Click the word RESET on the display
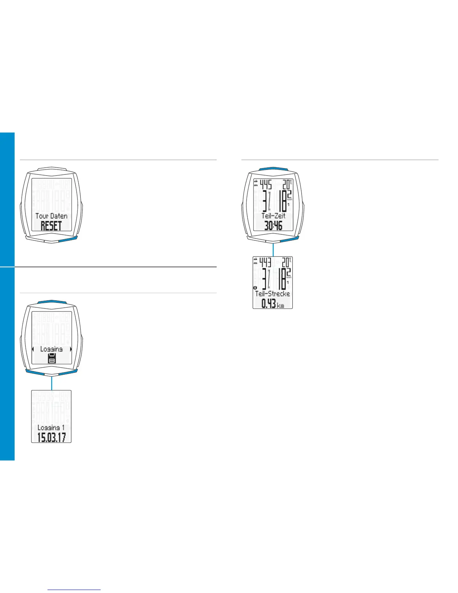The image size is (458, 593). pos(51,226)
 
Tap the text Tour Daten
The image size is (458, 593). pos(51,216)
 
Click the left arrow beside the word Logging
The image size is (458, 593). pos(33,349)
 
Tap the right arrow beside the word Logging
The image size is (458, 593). pos(70,349)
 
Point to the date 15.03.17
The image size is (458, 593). pos(51,437)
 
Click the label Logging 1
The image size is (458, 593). pos(51,428)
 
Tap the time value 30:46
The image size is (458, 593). pos(273,226)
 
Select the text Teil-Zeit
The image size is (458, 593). pos(273,216)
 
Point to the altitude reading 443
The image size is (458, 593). pos(265,262)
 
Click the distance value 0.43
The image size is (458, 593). pos(269,304)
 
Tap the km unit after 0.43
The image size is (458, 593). pos(280,305)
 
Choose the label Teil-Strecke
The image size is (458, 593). pos(272,294)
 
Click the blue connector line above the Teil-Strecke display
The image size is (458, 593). pos(273,249)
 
